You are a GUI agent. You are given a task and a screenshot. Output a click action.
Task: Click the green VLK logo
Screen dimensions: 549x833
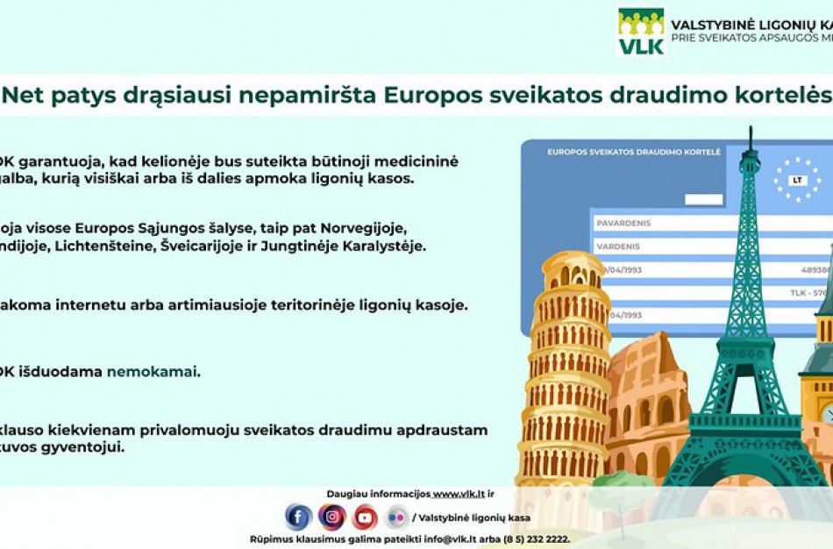click(641, 32)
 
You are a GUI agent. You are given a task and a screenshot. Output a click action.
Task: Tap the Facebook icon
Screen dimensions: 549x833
click(298, 517)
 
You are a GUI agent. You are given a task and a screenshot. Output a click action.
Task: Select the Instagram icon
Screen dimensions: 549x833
click(331, 517)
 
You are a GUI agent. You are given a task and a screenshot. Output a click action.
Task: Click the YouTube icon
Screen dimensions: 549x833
click(365, 517)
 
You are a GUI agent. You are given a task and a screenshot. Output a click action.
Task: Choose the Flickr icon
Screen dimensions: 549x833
click(397, 517)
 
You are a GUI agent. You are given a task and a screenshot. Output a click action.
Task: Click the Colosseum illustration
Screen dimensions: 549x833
click(649, 403)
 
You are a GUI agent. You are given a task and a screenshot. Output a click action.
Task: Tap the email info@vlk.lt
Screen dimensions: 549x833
click(446, 539)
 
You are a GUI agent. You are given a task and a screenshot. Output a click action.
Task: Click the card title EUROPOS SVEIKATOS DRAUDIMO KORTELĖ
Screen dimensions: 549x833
click(634, 152)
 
